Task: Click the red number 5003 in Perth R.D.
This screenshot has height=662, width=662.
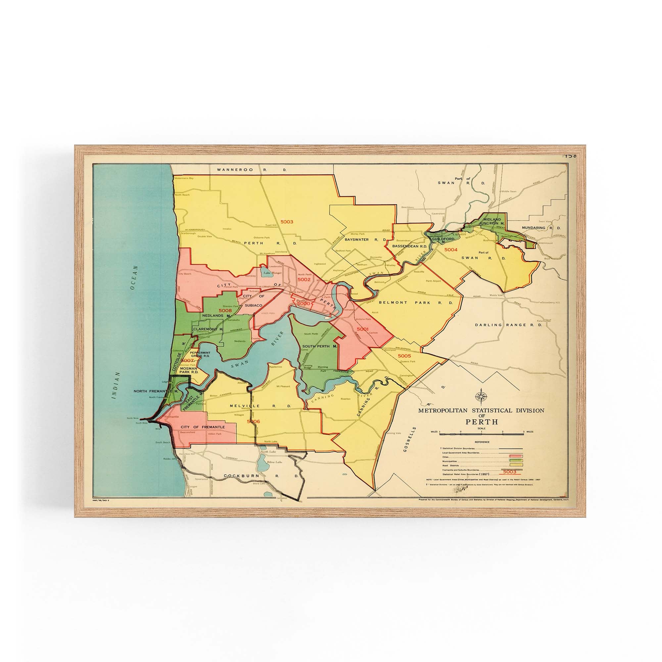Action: pos(286,222)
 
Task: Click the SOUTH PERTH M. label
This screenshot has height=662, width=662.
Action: pos(320,347)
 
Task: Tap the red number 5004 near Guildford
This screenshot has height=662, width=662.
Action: pos(450,250)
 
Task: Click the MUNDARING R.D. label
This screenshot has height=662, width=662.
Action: pos(541,227)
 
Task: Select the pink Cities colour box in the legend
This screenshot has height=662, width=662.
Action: pos(516,456)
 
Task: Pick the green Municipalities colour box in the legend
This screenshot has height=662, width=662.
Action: pos(516,460)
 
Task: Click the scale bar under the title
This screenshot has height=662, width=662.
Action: pos(481,434)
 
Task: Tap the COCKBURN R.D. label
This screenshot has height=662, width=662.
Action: pos(261,476)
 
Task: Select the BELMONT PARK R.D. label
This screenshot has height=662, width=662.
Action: pos(416,303)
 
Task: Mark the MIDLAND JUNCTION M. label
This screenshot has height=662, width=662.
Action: pos(492,221)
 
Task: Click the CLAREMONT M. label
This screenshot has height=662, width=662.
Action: pos(208,329)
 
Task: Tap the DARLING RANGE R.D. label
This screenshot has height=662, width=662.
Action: pos(508,324)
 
